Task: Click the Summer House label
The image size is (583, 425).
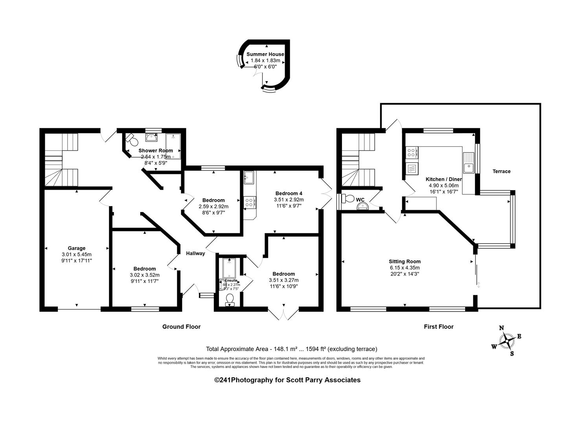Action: pyautogui.click(x=265, y=54)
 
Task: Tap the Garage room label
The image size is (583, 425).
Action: pyautogui.click(x=77, y=248)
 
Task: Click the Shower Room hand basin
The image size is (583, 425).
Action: pyautogui.click(x=151, y=137)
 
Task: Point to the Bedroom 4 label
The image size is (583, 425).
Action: pyautogui.click(x=289, y=193)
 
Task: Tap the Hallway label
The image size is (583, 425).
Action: pyautogui.click(x=195, y=253)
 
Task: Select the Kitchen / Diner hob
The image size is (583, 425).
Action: pyautogui.click(x=412, y=152)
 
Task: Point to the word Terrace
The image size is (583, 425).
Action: pyautogui.click(x=502, y=171)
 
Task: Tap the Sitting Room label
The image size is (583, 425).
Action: pyautogui.click(x=405, y=261)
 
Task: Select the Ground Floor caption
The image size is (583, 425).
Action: pyautogui.click(x=182, y=327)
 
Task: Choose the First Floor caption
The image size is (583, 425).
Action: pyautogui.click(x=438, y=327)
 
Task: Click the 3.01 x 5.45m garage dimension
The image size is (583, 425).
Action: pyautogui.click(x=77, y=254)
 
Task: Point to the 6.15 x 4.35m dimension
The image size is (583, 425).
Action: pyautogui.click(x=405, y=268)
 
